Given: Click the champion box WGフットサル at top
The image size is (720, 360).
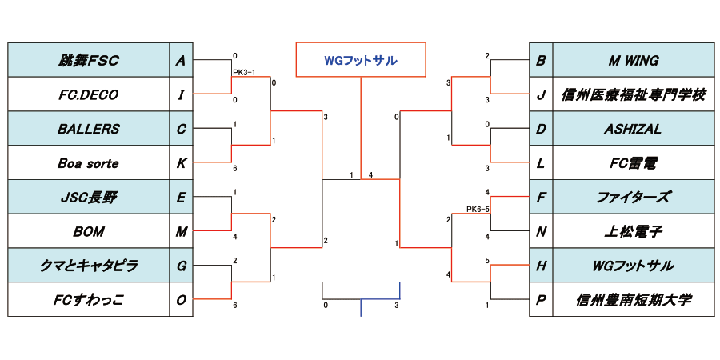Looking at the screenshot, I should [361, 60].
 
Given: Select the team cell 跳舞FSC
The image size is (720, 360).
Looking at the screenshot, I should [88, 60].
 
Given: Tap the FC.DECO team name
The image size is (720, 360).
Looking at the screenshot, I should [88, 94].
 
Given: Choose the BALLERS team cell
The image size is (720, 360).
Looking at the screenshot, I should [88, 129].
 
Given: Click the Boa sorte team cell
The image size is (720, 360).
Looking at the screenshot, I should [88, 163].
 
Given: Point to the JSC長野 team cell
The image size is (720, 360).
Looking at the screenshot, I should [88, 198].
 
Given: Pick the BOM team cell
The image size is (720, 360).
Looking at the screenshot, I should [88, 232].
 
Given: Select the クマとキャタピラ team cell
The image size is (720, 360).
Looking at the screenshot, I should [88, 266].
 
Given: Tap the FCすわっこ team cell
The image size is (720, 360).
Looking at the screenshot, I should [88, 300].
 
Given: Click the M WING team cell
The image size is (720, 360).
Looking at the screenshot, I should [633, 60].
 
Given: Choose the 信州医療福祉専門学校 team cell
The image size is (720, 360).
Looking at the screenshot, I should [633, 94].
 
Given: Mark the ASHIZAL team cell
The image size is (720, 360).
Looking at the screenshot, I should [633, 129].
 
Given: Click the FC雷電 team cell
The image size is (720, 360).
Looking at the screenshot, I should [633, 163].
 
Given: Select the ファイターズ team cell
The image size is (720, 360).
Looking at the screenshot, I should [633, 198].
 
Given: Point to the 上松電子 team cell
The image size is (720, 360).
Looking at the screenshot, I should [633, 232].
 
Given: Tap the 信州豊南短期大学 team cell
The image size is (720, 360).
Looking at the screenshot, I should [633, 300].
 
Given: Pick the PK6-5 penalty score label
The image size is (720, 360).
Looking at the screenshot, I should [478, 210].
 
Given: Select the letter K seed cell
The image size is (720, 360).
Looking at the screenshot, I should [182, 163].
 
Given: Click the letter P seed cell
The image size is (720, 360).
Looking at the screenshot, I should [541, 300].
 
